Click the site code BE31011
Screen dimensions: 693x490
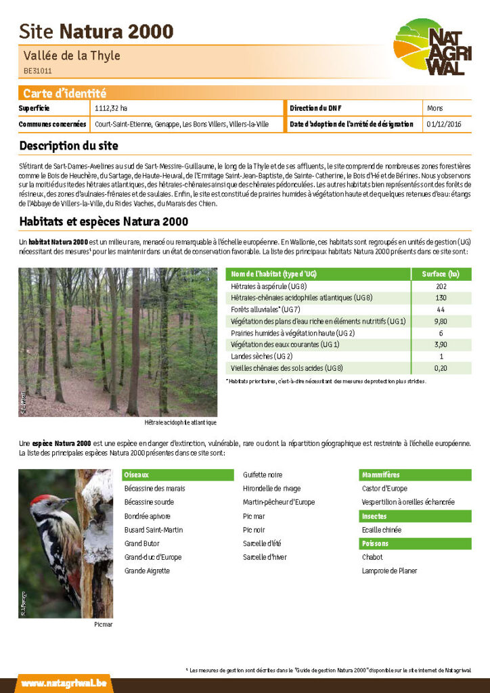coord(38,70)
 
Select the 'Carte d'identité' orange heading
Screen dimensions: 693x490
coord(64,93)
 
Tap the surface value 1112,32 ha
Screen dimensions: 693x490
coord(111,108)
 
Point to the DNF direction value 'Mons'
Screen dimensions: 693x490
coord(435,108)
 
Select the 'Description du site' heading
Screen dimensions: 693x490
coord(68,146)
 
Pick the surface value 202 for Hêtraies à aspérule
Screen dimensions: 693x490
coord(441,286)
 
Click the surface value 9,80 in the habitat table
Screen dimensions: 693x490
coord(441,321)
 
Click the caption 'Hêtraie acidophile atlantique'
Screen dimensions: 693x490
coord(181,422)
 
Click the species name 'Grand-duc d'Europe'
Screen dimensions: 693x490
coord(153,557)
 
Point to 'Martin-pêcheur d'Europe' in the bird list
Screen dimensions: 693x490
coord(279,502)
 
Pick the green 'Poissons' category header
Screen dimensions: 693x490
coord(376,543)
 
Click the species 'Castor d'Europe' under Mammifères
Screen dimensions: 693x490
coord(385,489)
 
